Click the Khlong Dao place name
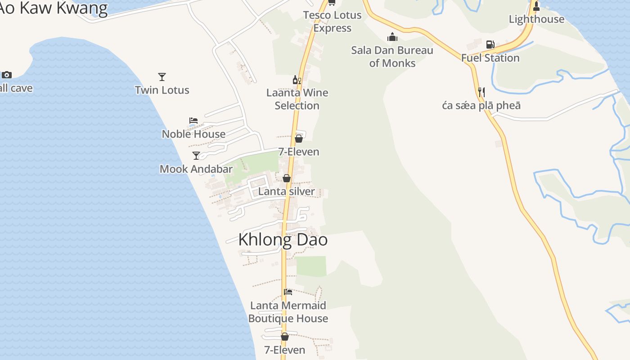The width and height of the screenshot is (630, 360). pos(283,239)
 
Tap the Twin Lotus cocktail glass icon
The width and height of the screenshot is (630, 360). pos(162,77)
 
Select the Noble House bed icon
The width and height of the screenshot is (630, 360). pos(193,121)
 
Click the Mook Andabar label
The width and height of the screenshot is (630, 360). pos(196,169)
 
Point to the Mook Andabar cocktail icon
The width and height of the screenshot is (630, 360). pos(196,156)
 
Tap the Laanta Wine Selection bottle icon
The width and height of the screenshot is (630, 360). pos(297,80)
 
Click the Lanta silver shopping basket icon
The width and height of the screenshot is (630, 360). pos(287,179)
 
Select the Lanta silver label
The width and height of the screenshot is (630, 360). pos(287,192)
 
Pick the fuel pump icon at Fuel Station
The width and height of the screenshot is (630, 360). pos(490,45)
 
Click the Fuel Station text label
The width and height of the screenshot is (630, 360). pos(490,58)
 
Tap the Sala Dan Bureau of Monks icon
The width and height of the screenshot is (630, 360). pos(392,37)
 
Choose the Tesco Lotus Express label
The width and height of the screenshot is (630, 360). pos(332,22)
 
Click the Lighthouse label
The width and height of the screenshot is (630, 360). pos(536,19)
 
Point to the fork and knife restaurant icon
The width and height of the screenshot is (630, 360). pos(481,92)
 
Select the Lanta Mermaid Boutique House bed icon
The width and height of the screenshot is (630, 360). pos(288,292)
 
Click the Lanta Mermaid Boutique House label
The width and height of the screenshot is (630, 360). pos(288,312)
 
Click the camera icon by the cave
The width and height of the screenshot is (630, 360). pos(7,75)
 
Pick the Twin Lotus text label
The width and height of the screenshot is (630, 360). pos(162,90)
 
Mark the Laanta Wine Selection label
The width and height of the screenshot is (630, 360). pos(297,99)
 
